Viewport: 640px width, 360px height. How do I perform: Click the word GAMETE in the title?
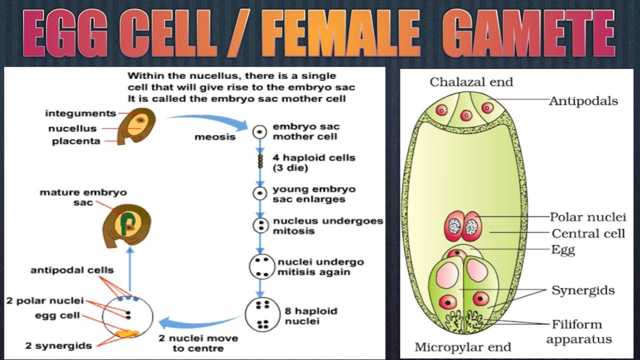click(528, 35)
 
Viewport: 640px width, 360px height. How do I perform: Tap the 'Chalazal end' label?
click(471, 82)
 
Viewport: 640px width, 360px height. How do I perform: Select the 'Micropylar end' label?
click(462, 346)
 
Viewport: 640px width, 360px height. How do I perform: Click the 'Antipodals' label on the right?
click(583, 101)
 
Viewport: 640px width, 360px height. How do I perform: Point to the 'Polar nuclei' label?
click(587, 217)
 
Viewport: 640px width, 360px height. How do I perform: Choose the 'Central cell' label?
click(588, 233)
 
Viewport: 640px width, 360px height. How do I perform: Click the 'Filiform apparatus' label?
click(578, 331)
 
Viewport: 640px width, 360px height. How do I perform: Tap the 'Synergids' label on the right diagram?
click(582, 290)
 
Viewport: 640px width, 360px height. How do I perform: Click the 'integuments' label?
click(80, 114)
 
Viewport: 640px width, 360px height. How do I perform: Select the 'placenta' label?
click(76, 141)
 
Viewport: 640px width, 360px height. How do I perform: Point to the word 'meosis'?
click(215, 136)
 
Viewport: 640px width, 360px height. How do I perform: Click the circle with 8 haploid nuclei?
click(262, 315)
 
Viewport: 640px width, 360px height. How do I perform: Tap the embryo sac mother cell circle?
click(259, 132)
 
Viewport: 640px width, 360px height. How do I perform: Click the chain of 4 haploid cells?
click(260, 161)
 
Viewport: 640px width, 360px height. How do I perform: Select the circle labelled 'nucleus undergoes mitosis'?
click(260, 225)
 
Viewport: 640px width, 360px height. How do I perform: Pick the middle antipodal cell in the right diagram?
click(466, 116)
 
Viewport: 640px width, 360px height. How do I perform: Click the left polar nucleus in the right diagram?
click(454, 226)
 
